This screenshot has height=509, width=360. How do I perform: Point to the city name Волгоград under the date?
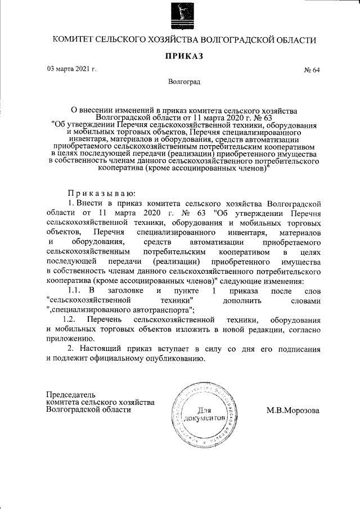pyautogui.click(x=184, y=82)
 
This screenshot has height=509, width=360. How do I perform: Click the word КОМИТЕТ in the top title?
pyautogui.click(x=71, y=40)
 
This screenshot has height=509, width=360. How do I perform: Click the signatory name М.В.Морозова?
pyautogui.click(x=292, y=411)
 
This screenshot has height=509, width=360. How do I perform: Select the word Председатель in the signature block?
pyautogui.click(x=71, y=394)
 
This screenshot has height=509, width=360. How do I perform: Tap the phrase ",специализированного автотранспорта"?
pyautogui.click(x=121, y=309)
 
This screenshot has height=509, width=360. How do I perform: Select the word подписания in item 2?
pyautogui.click(x=298, y=349)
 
